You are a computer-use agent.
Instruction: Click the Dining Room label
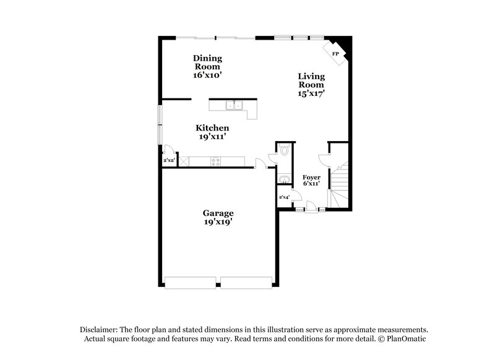point(207,62)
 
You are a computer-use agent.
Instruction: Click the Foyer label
point(311,177)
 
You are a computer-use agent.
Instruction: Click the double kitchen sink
point(234,106)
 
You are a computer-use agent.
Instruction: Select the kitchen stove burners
point(216,162)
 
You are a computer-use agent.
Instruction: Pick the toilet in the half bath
point(285,150)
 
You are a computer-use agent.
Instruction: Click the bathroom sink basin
point(284,180)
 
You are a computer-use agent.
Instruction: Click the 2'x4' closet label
point(285,197)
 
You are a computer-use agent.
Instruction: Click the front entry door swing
point(311,204)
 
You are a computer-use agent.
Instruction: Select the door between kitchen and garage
point(261,163)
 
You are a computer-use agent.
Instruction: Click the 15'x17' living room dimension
point(311,93)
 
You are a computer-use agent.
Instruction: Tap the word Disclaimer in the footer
point(99,330)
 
